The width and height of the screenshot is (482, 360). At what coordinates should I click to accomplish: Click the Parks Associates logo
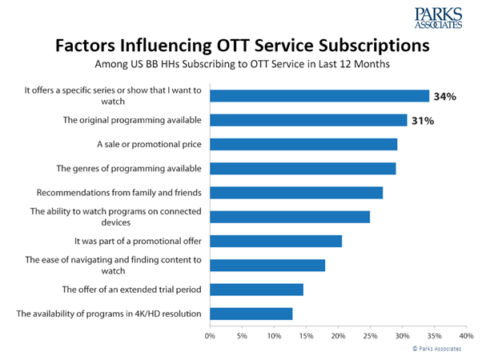point(440,18)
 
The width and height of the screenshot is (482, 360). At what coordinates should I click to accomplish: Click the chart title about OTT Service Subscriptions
point(240,46)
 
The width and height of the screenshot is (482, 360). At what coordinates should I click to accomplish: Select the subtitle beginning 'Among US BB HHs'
point(240,65)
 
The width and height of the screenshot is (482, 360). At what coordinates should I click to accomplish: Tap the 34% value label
point(445,97)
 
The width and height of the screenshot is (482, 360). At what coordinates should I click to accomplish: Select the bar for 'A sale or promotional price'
point(303,144)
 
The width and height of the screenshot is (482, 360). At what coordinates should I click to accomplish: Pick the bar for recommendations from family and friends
point(296,193)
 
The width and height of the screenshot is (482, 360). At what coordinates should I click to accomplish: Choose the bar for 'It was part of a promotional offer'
point(276,241)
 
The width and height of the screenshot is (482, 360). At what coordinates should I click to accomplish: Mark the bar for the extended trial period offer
point(257,289)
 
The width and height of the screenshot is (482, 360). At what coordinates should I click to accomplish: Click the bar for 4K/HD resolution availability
point(251,313)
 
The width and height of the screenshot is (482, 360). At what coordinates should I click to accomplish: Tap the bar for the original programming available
point(308,120)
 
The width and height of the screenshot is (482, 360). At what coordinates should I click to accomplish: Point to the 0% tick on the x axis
point(211,336)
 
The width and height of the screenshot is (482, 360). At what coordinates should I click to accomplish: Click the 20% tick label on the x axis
point(338,336)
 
